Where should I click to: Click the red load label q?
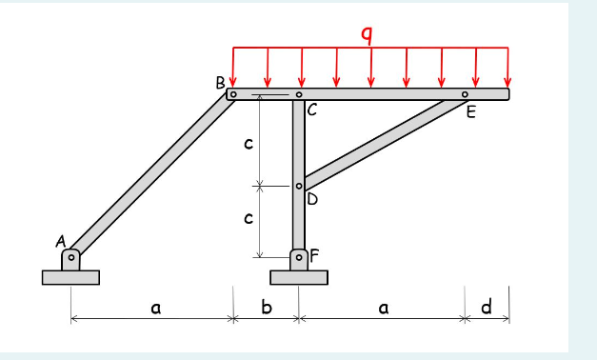coord(367,34)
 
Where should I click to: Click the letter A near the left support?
coord(60,243)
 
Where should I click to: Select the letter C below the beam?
coord(311,110)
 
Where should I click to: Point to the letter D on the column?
coord(311,199)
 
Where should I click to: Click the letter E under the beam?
coord(469,110)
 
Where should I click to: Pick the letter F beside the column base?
coord(314,255)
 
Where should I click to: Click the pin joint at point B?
coord(231,94)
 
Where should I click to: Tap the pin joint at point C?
coord(299,94)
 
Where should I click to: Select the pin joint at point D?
coord(299,187)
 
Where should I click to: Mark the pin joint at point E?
coord(465,94)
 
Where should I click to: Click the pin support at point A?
coord(70,258)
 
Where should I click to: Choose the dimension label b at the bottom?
coord(267,308)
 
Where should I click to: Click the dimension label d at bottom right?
coord(487,307)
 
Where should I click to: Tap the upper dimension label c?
coord(249,144)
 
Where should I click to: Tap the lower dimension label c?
coord(249,218)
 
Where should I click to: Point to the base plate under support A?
coord(70,277)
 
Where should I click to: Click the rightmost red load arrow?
coord(507,67)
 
